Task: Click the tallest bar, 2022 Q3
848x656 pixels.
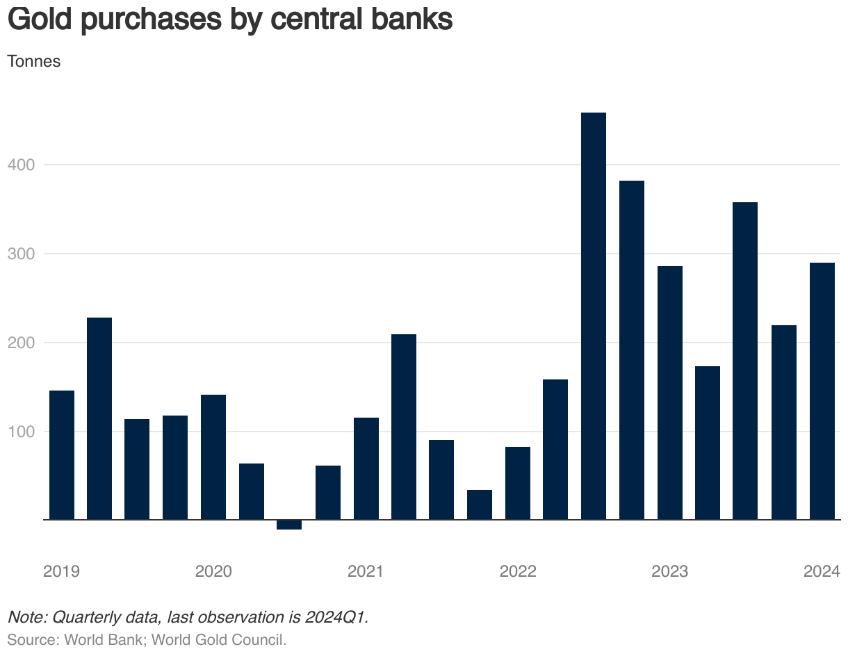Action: click(x=594, y=316)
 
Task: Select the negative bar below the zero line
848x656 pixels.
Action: click(x=289, y=525)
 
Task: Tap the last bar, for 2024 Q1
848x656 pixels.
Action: click(x=822, y=391)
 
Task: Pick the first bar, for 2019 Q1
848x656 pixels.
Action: click(x=62, y=455)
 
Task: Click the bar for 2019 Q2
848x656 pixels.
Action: click(x=99, y=418)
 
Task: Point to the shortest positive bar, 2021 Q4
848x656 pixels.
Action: click(x=480, y=505)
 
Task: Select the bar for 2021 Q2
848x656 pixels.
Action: click(x=404, y=427)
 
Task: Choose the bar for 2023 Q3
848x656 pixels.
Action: click(x=745, y=361)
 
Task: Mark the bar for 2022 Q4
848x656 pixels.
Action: click(x=632, y=350)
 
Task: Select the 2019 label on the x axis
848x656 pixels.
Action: click(x=61, y=572)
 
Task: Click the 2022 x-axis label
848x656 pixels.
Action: click(x=518, y=572)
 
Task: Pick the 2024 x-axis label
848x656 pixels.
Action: click(x=822, y=572)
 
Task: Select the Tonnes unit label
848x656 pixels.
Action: click(x=34, y=61)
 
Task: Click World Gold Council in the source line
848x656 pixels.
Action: click(x=218, y=639)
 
